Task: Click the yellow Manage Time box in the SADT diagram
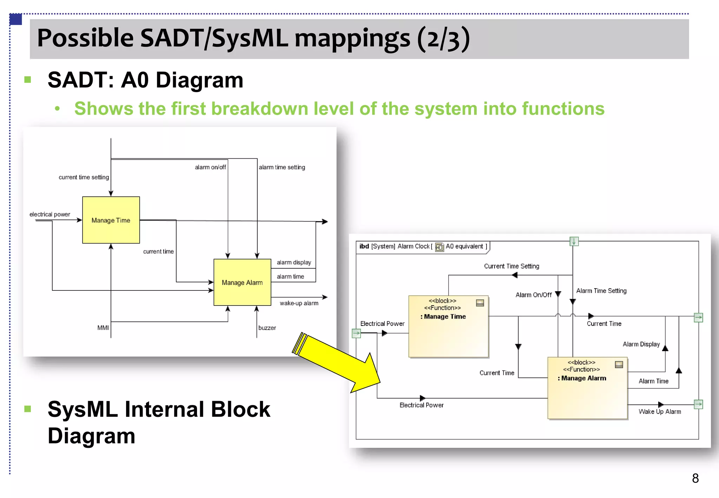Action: (111, 220)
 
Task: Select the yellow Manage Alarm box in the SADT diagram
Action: (242, 282)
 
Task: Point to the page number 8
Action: (695, 478)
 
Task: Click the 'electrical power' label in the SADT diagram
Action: (50, 214)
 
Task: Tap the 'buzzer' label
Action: (267, 328)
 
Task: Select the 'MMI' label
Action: (103, 328)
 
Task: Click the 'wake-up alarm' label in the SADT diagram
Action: (299, 303)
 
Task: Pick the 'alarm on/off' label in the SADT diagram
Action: (210, 167)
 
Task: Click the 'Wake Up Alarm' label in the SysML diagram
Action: (660, 412)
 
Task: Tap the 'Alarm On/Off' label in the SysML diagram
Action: (533, 295)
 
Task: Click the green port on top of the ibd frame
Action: (574, 241)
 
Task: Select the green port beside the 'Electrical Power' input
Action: (356, 333)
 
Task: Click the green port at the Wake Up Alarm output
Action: (698, 404)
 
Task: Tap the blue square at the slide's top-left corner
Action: (16, 19)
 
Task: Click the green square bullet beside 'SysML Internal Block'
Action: (28, 409)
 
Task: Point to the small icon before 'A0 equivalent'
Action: (439, 247)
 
